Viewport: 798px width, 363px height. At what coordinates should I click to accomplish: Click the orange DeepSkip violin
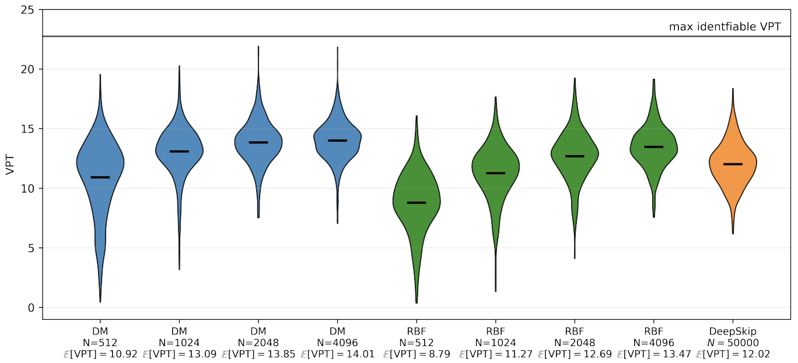point(733,175)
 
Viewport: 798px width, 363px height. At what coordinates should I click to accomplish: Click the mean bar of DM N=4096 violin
point(338,141)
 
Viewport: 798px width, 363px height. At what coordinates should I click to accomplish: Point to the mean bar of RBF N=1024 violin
point(496,173)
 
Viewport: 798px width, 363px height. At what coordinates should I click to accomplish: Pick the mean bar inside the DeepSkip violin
point(733,164)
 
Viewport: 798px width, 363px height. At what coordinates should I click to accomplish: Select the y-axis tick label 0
point(31,308)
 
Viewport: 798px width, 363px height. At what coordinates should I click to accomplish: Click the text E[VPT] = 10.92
point(100,354)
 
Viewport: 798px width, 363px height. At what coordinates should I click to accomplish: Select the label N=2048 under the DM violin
point(258,343)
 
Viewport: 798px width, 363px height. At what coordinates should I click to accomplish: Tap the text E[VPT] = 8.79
point(416,354)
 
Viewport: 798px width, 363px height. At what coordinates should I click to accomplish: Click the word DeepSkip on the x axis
point(733,331)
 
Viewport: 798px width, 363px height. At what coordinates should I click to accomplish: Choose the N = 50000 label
point(733,343)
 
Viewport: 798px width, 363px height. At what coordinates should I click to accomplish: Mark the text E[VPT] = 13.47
point(654,354)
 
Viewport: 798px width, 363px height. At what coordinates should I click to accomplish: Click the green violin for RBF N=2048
point(575,169)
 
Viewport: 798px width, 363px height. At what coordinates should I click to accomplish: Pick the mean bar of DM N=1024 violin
point(179,151)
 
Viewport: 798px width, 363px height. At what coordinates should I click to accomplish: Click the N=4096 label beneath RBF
point(654,343)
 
